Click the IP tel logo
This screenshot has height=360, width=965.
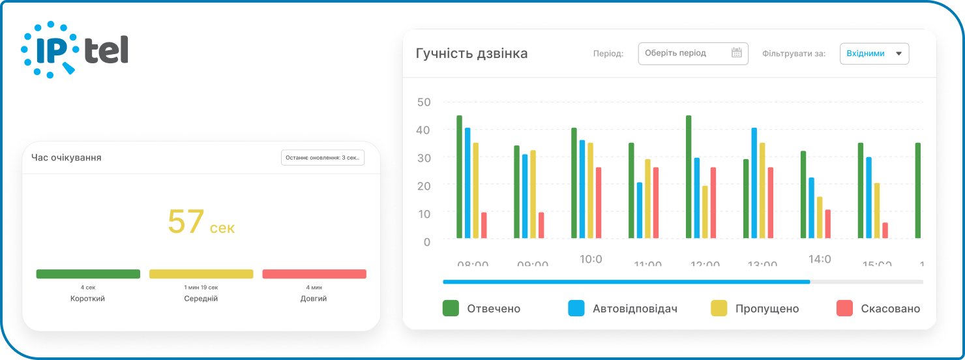tap(74, 50)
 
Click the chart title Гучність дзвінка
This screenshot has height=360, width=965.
tap(471, 53)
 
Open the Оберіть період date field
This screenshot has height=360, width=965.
tap(685, 53)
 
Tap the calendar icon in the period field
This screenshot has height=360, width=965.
tap(737, 53)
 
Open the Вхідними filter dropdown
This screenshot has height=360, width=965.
tap(874, 53)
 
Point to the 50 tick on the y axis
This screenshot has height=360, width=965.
tap(424, 102)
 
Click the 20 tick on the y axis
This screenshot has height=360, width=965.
tap(424, 186)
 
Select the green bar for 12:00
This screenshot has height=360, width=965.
tap(689, 177)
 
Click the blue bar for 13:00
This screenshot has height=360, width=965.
tap(754, 183)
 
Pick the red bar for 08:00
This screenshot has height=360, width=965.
tap(484, 226)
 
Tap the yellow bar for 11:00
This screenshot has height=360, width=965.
tap(647, 199)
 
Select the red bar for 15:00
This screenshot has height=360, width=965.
tap(885, 231)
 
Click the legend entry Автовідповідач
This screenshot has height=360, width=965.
tap(622, 308)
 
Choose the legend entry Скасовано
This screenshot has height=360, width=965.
tap(878, 308)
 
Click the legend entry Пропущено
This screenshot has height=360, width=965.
tap(754, 308)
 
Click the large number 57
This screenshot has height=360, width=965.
tap(186, 222)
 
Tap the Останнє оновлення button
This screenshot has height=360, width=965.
tap(323, 158)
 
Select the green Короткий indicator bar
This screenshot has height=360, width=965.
tap(88, 274)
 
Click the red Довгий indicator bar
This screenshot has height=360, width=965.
tap(314, 274)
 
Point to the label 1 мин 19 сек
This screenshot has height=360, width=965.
tap(201, 288)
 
